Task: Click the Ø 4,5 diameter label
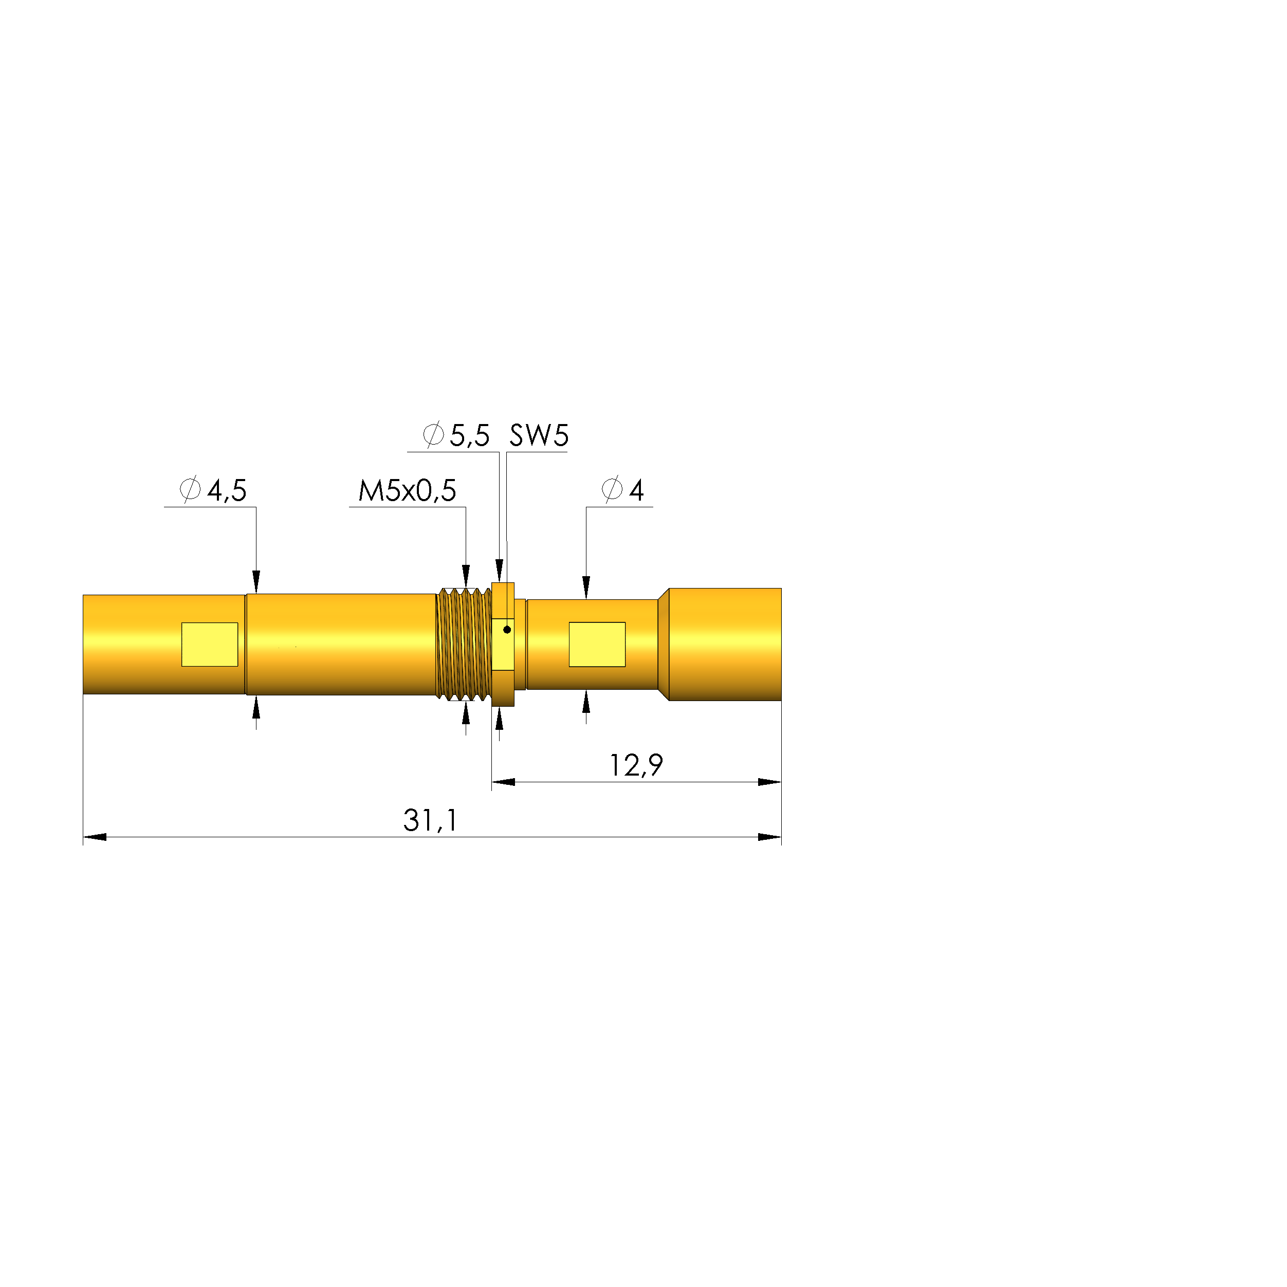pos(213,491)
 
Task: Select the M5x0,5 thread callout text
pos(407,491)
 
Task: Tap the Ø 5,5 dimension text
pos(456,436)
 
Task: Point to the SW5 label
pos(539,436)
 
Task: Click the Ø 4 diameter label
pos(623,491)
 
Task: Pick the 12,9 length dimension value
pos(636,765)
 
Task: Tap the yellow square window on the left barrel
pos(210,644)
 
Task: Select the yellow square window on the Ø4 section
pos(597,644)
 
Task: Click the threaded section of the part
pos(464,644)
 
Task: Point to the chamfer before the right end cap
pos(664,644)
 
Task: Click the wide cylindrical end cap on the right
pos(725,644)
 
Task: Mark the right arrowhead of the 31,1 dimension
pos(769,837)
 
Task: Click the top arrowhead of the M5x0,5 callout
pos(466,576)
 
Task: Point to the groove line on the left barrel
pos(246,644)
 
